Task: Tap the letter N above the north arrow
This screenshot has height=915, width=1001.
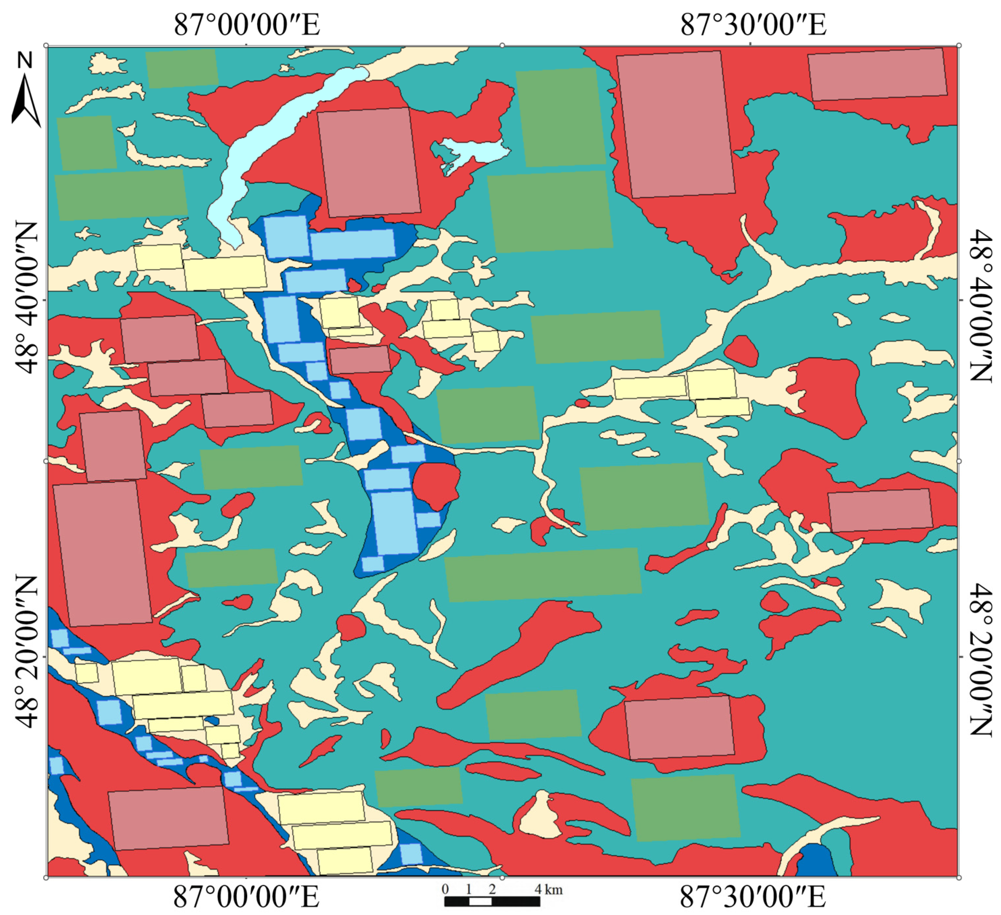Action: (25, 60)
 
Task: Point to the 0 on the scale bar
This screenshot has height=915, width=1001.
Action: (445, 889)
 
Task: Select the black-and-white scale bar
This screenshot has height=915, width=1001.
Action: (491, 901)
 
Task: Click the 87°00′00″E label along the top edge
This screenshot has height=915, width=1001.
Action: (247, 25)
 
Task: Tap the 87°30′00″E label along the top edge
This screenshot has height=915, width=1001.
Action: (753, 25)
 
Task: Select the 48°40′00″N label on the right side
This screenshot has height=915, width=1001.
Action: (981, 305)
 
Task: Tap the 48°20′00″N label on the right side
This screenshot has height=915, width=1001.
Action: (981, 660)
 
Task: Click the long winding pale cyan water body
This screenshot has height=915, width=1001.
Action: (258, 144)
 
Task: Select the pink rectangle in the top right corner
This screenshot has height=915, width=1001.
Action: (877, 74)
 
